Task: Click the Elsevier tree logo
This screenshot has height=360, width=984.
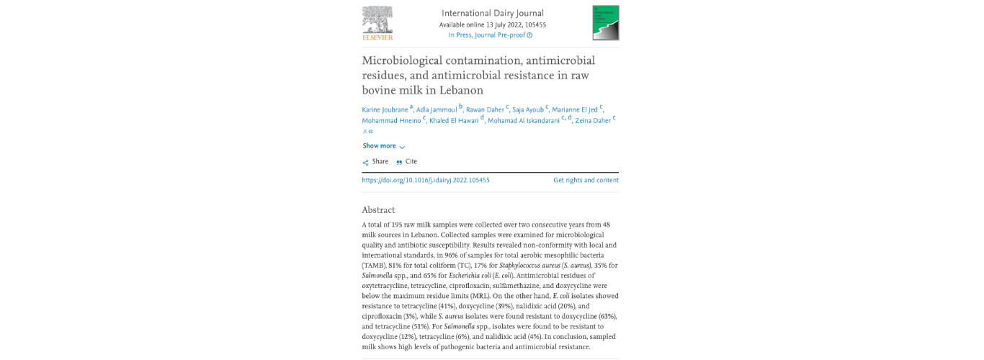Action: click(377, 22)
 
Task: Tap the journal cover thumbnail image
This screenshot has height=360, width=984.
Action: click(605, 22)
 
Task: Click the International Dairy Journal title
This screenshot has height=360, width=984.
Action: click(492, 13)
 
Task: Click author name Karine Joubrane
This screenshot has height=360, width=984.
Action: click(385, 110)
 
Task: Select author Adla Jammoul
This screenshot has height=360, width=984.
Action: click(437, 110)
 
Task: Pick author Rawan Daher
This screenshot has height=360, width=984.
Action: click(485, 110)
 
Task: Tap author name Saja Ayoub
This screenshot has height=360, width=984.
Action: click(528, 110)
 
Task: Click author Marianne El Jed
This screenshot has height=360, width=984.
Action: click(575, 110)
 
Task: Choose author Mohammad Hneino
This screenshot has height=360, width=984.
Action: click(391, 121)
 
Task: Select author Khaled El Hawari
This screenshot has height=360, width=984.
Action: click(454, 121)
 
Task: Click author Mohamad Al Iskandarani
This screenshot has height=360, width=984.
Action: click(524, 121)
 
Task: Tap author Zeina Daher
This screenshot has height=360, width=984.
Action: click(593, 121)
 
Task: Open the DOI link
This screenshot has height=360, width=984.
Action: click(426, 181)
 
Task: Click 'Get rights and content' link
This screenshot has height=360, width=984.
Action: click(586, 181)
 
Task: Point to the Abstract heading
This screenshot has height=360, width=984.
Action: click(378, 210)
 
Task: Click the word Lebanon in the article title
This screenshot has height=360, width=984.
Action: click(460, 90)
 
